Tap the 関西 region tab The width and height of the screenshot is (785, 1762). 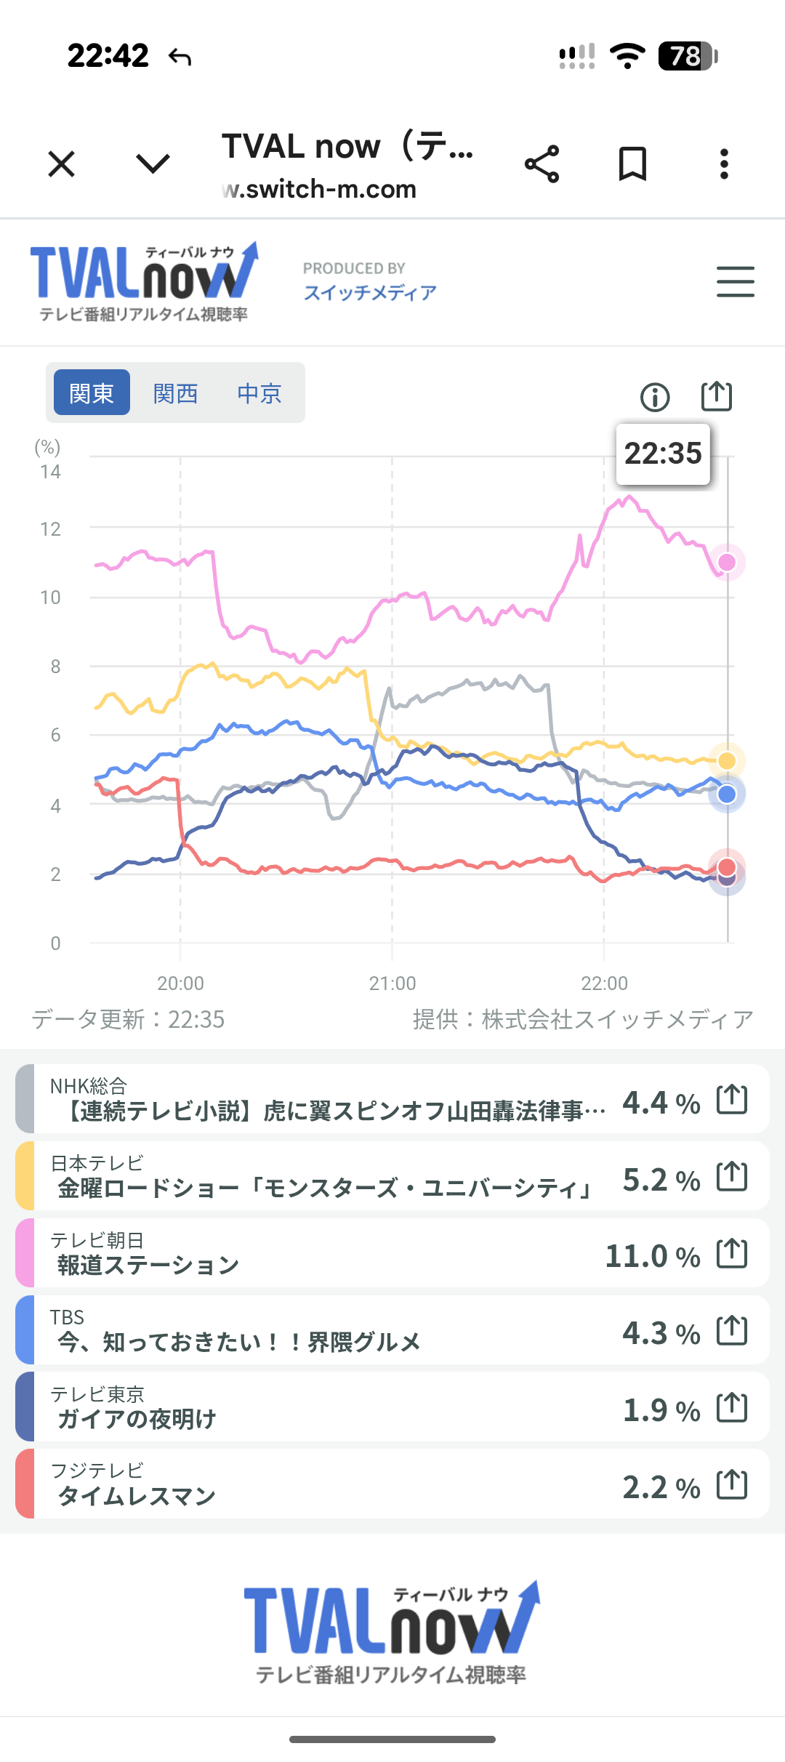tap(176, 393)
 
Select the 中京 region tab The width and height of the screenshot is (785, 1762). tap(259, 393)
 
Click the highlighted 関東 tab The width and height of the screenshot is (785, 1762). tap(92, 393)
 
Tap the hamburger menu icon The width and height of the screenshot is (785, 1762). tap(735, 282)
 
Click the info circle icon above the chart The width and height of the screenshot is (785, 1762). tap(655, 398)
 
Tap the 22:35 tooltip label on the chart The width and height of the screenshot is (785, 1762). tap(663, 454)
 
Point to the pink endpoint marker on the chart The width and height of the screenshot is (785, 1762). tap(727, 562)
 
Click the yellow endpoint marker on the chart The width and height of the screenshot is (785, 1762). tap(727, 760)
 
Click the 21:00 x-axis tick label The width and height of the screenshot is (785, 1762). tap(392, 983)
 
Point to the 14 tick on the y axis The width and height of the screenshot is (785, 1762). tap(50, 472)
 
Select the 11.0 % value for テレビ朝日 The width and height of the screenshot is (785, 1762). tap(652, 1256)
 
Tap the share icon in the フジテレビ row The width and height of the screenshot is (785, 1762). tap(732, 1484)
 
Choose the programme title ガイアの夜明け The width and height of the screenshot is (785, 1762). tap(137, 1419)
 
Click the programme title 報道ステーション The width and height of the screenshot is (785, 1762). tap(148, 1265)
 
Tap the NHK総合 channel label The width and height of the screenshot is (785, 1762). tap(89, 1086)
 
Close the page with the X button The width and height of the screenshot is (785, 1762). tap(62, 164)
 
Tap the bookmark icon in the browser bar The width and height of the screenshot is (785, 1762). tap(632, 164)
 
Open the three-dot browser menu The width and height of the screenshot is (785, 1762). tap(724, 164)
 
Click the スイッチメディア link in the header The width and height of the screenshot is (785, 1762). tap(370, 292)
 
